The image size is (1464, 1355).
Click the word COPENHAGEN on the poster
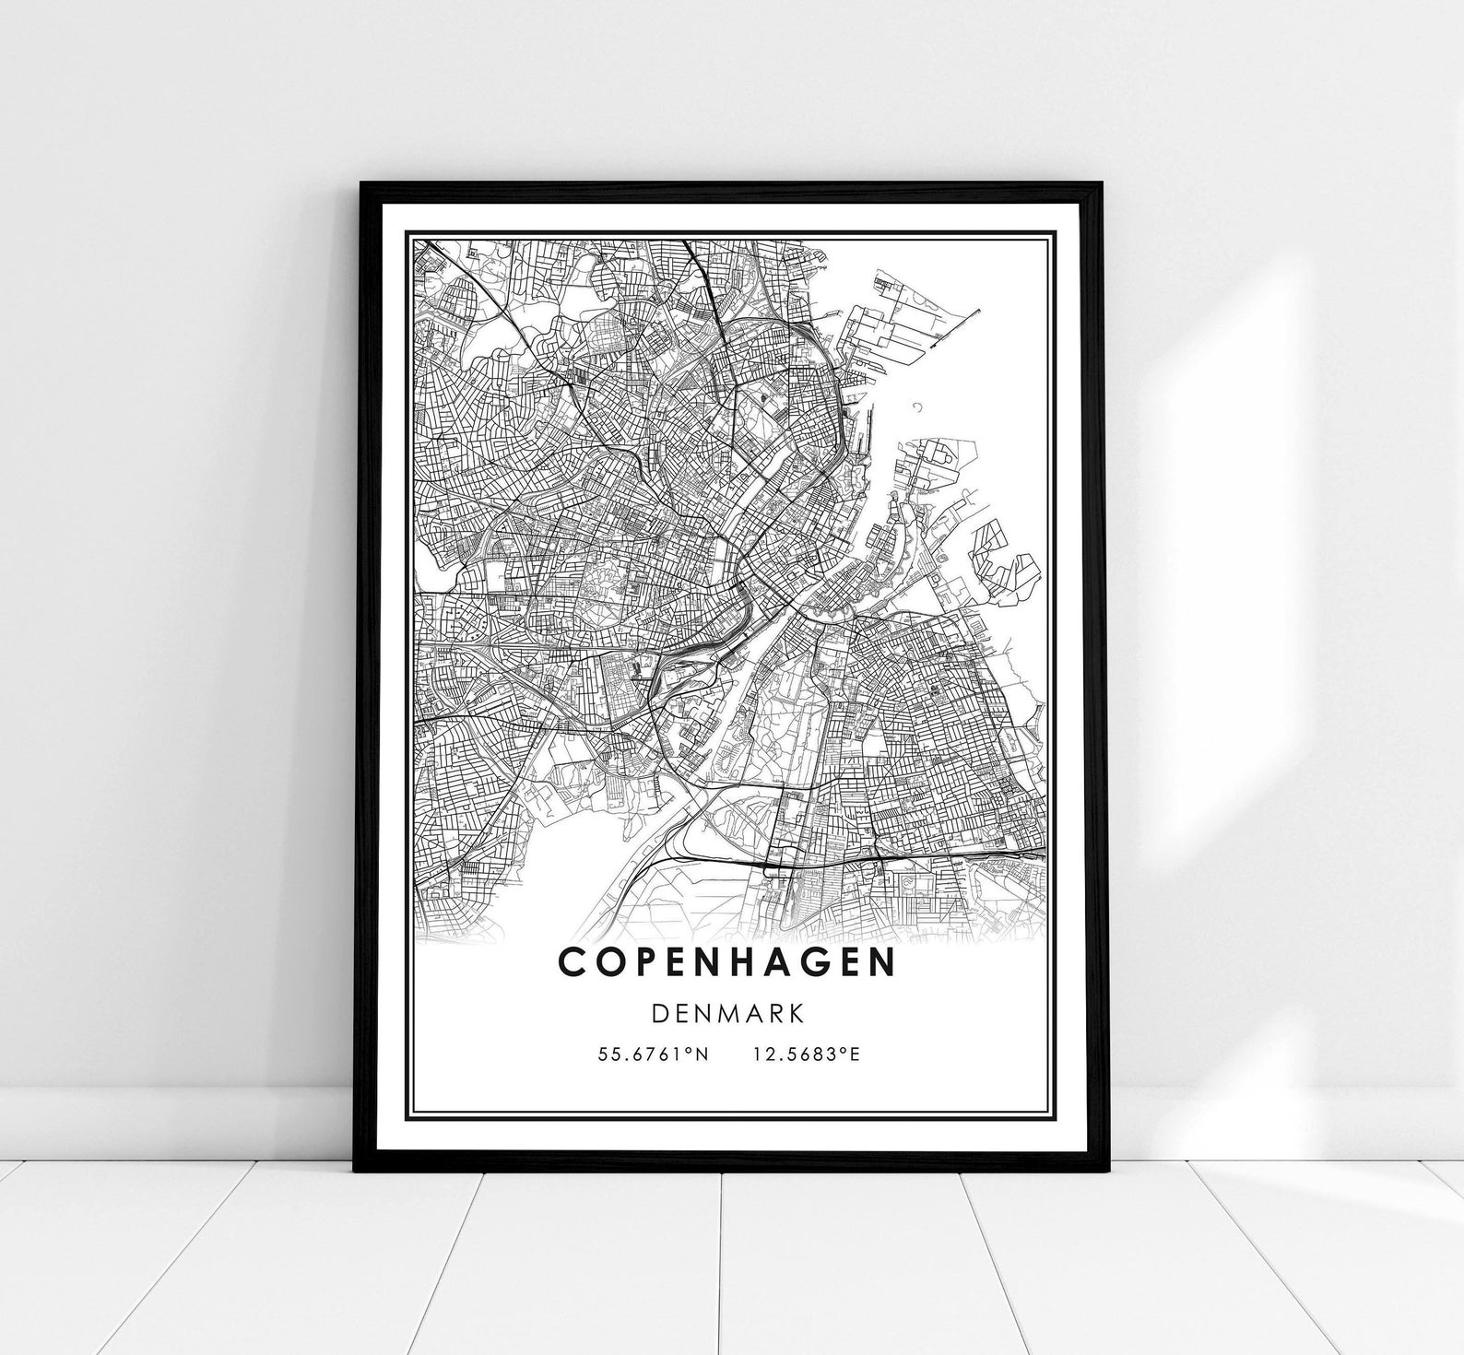[x=726, y=961]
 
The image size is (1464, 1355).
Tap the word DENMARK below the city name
[x=727, y=1013]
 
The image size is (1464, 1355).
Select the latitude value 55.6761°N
[x=653, y=1055]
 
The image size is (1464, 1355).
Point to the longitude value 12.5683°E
[x=806, y=1055]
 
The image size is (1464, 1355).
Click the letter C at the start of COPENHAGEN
[x=572, y=961]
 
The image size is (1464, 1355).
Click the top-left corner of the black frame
[x=361, y=184]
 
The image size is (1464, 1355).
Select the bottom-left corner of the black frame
[x=356, y=1171]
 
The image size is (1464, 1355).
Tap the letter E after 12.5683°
[x=855, y=1055]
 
